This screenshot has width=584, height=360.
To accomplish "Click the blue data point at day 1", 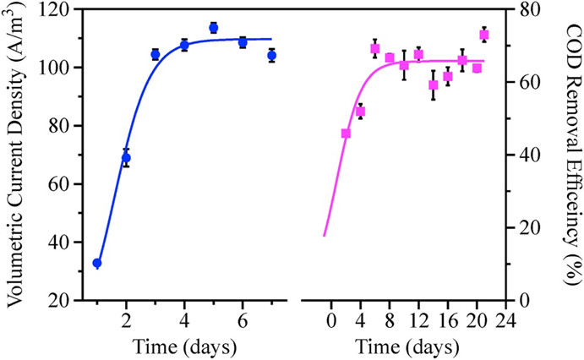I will (x=97, y=263).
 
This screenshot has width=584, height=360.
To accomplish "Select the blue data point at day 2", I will (x=126, y=157).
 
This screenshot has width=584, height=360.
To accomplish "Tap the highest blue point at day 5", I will (x=214, y=28).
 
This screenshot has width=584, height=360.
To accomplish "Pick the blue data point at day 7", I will (x=271, y=55).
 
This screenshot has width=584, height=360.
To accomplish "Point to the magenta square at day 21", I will (x=484, y=35).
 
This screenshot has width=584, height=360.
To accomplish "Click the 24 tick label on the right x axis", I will (x=505, y=322).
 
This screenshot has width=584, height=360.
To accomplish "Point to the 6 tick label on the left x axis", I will (x=243, y=322).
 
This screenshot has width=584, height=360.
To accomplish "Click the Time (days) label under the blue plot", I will (x=184, y=346).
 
